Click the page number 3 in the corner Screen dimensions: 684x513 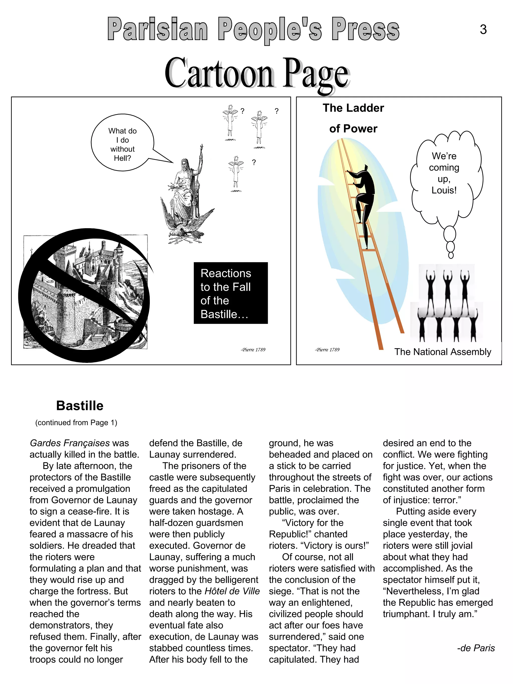point(483,30)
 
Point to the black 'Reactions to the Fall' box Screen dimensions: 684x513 point(230,293)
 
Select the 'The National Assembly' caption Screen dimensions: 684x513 point(443,352)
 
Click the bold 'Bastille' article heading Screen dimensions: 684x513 point(80,406)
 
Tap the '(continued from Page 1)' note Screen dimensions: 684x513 point(76,423)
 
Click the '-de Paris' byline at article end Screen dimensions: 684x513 point(476,648)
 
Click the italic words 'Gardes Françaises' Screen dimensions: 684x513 point(70,443)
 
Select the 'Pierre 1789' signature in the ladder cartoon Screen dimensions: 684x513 point(327,350)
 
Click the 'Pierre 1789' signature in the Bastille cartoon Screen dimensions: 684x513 point(253,350)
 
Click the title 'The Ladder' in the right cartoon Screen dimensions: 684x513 point(353,108)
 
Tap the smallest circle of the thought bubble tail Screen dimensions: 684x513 point(451,255)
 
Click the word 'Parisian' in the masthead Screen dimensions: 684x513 point(158,29)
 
